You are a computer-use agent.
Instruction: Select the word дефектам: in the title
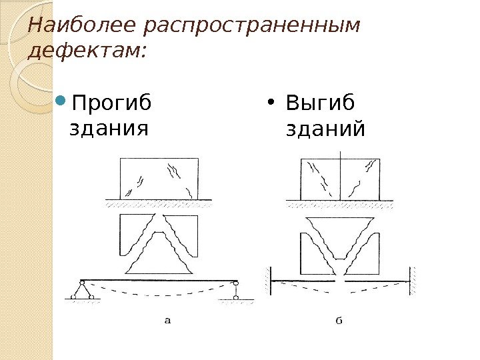tap(87, 51)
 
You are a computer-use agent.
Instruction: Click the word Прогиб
tap(111, 105)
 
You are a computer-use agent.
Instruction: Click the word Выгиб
tap(320, 105)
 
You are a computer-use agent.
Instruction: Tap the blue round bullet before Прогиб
tap(60, 104)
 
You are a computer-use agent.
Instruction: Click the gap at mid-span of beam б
tap(342, 280)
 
